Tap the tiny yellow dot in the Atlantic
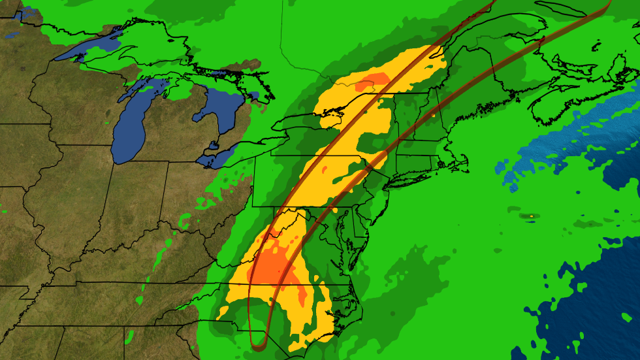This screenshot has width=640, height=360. point(532,215)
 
